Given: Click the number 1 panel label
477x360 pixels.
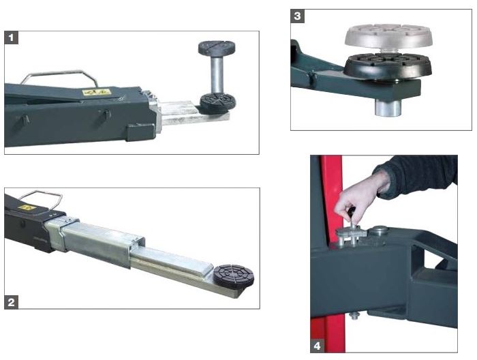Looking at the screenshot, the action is point(12,37).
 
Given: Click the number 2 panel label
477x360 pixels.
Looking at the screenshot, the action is point(12,302).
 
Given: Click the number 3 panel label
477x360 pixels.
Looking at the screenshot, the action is point(298,16).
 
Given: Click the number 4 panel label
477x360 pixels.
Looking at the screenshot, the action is point(317,346).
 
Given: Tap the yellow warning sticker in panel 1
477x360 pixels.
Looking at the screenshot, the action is point(96,91).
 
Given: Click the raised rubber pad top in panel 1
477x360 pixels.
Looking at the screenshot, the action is point(217,48).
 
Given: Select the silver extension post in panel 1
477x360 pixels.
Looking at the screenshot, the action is point(217,74).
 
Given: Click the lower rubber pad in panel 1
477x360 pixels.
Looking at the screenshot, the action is point(217,103).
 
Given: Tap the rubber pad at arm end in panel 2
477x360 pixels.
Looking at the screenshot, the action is point(234,276).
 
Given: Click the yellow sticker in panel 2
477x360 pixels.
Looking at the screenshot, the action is point(27,208).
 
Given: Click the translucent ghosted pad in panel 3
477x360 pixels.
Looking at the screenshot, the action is point(388,37).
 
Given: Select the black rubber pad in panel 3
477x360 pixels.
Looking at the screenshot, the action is point(388,66).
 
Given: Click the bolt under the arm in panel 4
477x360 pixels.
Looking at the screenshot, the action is point(354,316).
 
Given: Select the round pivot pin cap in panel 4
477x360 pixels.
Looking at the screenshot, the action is point(378,231).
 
